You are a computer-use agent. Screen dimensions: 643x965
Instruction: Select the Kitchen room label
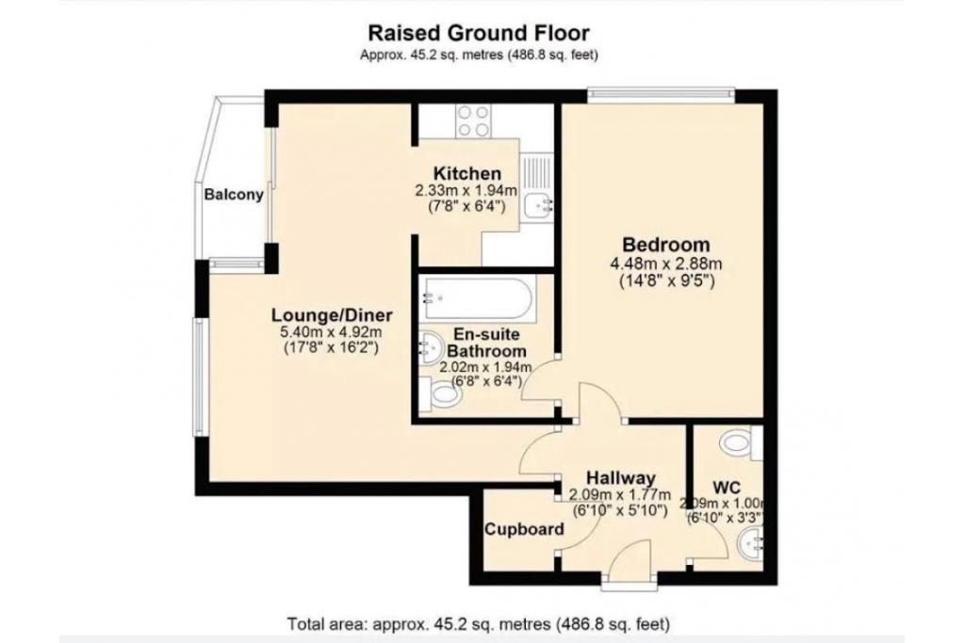point(466,174)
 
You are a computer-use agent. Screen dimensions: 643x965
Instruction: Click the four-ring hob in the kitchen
point(472,121)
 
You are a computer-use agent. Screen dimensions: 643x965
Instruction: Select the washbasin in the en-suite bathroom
point(432,347)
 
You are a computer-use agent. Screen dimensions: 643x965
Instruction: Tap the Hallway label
point(620,478)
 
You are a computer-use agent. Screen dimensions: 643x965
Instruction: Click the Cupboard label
point(524,529)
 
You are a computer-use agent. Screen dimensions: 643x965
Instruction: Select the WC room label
point(727,487)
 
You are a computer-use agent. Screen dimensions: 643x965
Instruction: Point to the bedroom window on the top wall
point(661,92)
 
